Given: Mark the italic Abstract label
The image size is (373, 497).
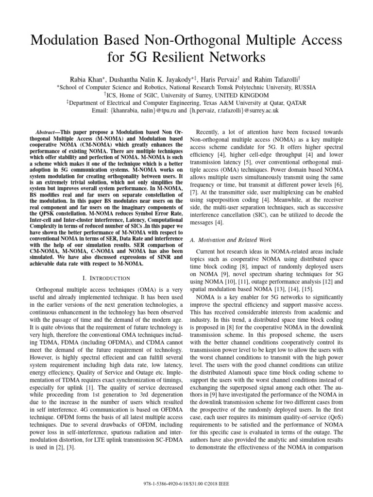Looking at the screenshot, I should [48, 133].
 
